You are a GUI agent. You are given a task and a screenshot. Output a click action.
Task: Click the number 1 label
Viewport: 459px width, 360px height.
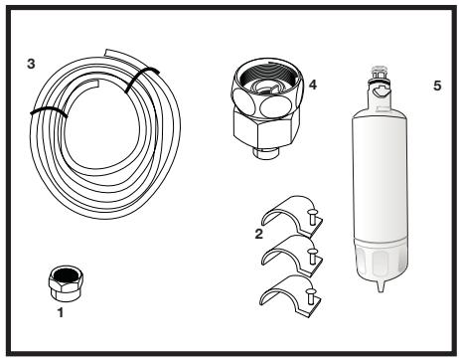[61, 312]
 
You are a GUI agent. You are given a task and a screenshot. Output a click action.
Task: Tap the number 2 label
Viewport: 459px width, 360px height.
[258, 234]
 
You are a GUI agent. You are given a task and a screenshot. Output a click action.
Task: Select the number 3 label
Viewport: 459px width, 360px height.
[31, 64]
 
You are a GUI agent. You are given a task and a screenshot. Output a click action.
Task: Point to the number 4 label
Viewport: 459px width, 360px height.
[313, 85]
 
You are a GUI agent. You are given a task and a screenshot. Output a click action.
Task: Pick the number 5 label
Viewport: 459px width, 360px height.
[437, 86]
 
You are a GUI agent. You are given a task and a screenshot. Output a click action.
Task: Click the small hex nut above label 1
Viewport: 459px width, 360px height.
[66, 283]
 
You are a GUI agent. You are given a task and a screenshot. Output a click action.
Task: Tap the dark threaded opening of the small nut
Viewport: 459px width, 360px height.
[65, 275]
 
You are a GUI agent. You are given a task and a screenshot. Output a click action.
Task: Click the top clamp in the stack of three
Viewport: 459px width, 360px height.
[291, 216]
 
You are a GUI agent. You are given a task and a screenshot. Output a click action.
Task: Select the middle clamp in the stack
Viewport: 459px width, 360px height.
[291, 255]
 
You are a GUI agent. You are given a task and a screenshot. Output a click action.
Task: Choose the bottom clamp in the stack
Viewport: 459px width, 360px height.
[290, 294]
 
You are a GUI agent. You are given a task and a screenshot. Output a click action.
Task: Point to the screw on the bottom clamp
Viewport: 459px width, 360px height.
[311, 295]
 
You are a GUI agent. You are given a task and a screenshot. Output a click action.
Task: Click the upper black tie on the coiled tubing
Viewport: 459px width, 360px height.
[141, 79]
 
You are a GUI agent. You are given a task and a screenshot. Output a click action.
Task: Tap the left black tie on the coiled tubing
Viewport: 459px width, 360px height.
[49, 112]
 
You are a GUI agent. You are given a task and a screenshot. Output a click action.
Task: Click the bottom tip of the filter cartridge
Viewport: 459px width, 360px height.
[381, 288]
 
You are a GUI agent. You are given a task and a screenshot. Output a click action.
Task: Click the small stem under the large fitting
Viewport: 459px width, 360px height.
[266, 153]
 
